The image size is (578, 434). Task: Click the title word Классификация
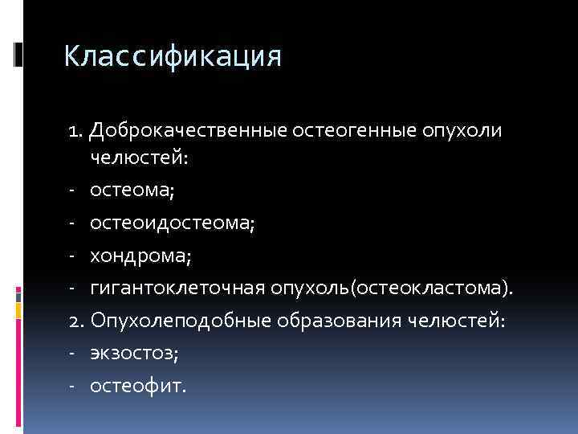pos(173,57)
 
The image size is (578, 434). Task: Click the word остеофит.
pos(137,387)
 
